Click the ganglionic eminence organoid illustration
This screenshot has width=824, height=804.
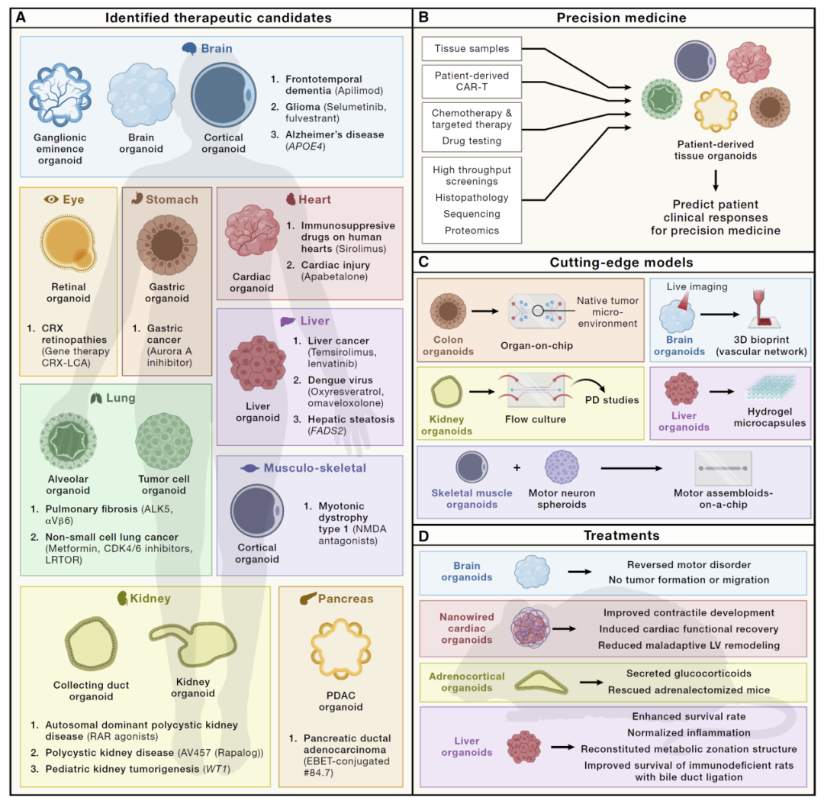coord(60,95)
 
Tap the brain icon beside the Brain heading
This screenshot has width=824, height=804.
coord(189,48)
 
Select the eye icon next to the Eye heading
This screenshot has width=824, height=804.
coord(51,199)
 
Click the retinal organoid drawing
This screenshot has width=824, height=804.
coord(69,244)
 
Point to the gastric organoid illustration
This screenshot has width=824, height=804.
coord(167,245)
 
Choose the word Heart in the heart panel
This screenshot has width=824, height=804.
coord(315,200)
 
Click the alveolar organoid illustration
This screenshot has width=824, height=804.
coord(69,441)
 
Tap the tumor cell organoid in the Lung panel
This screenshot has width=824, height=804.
coord(164,441)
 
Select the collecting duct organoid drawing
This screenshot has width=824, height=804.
coord(91,644)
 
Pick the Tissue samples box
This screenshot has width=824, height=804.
coord(472,49)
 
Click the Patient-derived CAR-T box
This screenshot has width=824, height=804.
coord(472,82)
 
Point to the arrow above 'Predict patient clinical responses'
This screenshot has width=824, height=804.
coord(715,180)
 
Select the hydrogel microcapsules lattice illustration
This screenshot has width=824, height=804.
coord(771,389)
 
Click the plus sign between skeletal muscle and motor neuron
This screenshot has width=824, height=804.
coord(517,467)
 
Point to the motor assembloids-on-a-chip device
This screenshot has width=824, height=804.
coord(723,468)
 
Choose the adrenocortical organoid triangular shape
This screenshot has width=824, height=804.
coord(541,683)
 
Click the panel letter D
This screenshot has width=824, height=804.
coord(423,536)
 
